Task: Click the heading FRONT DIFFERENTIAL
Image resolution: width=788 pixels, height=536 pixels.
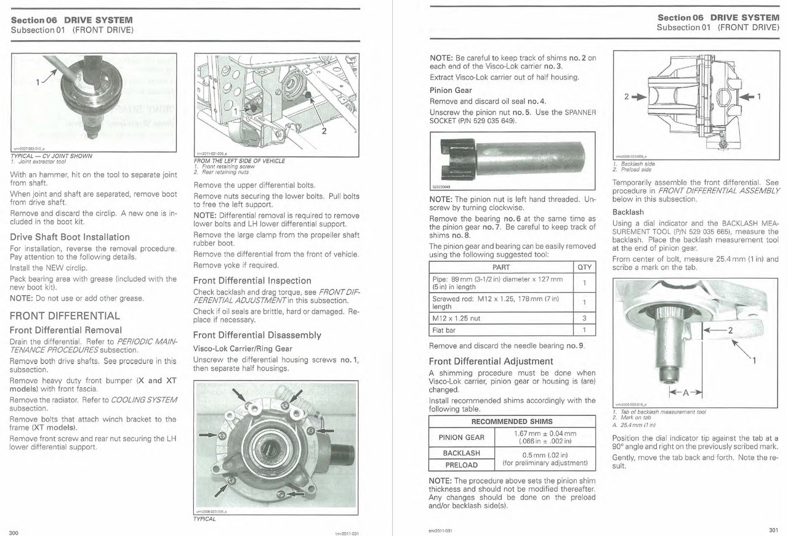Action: point(65,316)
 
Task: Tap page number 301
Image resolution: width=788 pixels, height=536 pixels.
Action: point(773,530)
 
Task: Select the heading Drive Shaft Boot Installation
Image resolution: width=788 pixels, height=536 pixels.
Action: point(70,237)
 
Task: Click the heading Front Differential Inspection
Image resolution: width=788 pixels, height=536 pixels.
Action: point(252,280)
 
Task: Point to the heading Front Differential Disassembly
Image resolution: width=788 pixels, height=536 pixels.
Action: point(257,335)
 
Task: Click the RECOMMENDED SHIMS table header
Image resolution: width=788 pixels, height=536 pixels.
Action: point(512,422)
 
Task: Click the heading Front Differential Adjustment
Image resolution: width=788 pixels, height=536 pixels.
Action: point(491,361)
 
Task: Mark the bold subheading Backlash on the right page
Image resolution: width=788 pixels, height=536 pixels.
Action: point(628,212)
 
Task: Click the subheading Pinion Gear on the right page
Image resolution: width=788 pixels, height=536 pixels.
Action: point(451,90)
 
